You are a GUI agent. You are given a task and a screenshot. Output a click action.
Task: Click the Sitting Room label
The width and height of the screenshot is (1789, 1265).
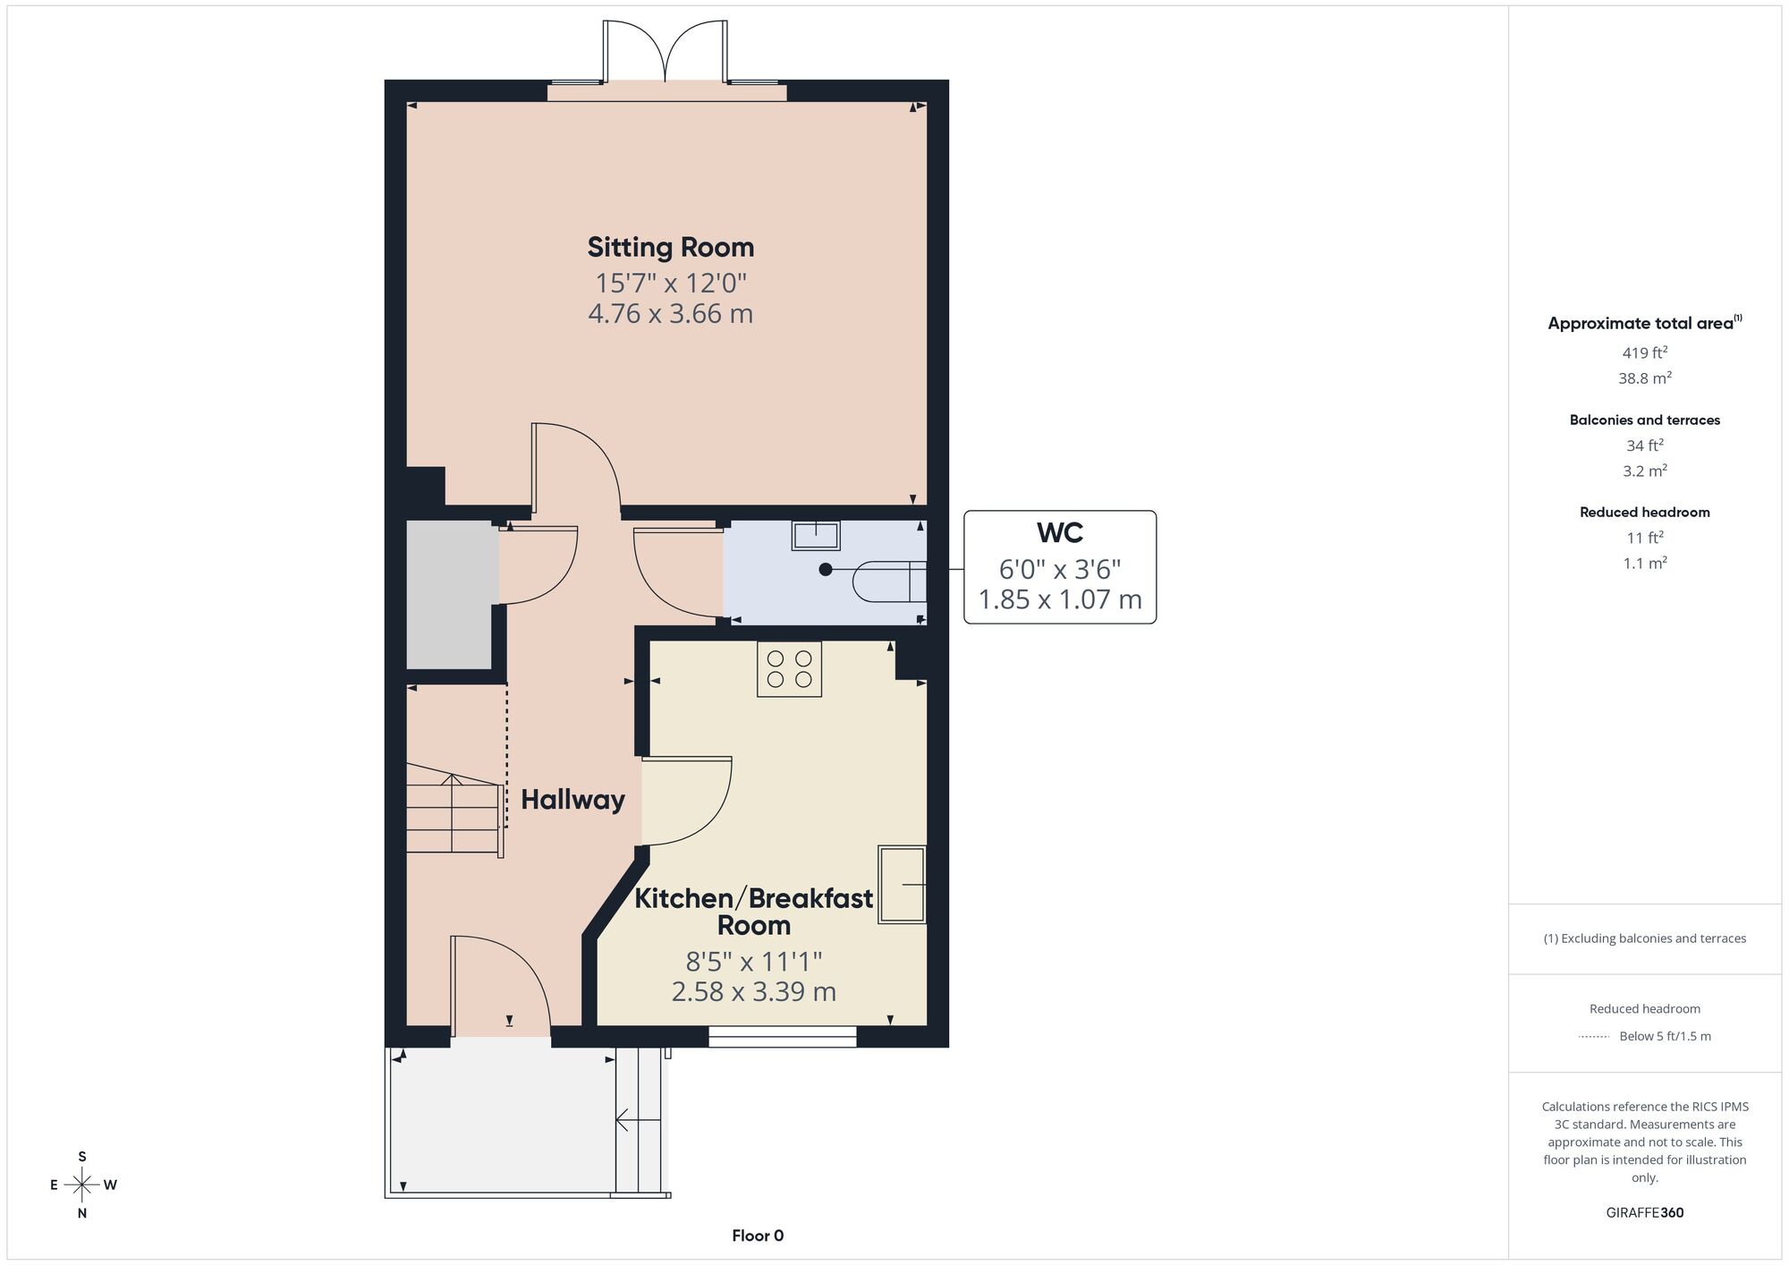671,248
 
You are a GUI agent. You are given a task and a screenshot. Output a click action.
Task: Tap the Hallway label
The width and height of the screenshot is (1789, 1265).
572,800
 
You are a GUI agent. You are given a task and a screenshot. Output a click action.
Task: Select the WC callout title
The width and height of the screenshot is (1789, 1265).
1060,533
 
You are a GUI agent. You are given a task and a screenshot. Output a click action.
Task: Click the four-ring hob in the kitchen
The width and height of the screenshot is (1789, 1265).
789,669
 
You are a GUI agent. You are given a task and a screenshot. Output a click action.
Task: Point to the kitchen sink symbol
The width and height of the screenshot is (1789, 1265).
902,884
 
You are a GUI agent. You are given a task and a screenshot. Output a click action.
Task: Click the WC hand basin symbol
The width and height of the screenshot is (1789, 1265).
816,535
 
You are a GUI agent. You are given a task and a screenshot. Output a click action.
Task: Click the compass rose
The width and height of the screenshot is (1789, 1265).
82,1185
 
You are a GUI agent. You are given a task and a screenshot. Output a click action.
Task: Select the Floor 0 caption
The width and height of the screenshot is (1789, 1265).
758,1236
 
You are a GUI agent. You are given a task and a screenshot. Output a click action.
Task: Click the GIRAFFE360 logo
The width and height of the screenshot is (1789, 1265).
1645,1213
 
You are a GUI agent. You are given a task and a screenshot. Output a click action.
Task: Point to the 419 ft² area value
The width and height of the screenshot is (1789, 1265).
1645,352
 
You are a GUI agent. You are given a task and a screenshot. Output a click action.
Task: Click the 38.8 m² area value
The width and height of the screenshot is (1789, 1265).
1645,378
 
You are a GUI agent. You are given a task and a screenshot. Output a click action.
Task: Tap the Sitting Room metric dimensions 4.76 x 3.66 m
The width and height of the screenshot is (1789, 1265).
671,314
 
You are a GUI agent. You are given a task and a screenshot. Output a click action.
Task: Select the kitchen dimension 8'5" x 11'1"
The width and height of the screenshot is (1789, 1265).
754,962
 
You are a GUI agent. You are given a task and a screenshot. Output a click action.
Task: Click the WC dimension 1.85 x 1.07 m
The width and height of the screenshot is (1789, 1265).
1060,599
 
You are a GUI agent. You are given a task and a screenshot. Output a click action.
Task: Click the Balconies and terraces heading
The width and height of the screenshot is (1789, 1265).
1645,420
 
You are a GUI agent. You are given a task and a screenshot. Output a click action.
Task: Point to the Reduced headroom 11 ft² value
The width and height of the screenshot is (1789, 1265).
1645,538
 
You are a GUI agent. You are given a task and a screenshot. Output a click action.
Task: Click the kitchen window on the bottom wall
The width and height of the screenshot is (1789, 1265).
783,1037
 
